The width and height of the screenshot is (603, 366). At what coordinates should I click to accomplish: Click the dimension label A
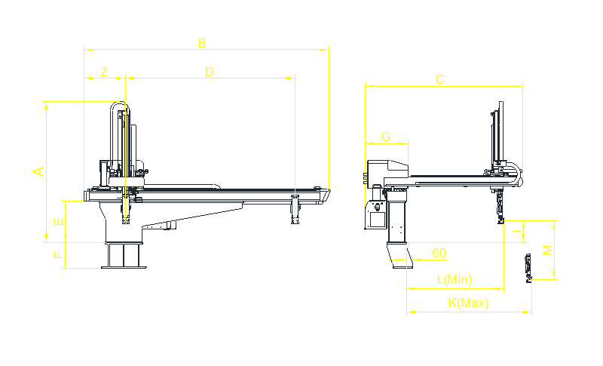[39, 171]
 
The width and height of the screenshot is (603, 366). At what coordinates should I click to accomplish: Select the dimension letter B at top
[201, 43]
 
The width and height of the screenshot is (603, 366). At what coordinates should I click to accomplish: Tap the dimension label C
[440, 79]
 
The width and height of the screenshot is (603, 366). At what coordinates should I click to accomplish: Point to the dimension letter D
[210, 72]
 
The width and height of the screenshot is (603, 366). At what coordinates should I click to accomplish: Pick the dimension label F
[57, 255]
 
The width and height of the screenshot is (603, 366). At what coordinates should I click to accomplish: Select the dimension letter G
[386, 137]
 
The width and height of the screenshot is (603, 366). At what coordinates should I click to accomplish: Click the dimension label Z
[104, 72]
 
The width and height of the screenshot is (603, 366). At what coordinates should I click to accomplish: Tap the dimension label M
[548, 250]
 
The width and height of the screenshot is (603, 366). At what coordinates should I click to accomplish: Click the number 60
[439, 252]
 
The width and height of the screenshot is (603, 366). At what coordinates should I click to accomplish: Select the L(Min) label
[455, 280]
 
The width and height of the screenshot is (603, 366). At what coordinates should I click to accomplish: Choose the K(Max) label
[468, 303]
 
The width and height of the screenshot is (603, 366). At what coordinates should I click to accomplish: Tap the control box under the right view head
[375, 216]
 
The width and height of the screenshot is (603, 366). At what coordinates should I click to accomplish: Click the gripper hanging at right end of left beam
[295, 209]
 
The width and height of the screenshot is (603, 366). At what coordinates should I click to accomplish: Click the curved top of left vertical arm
[119, 105]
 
